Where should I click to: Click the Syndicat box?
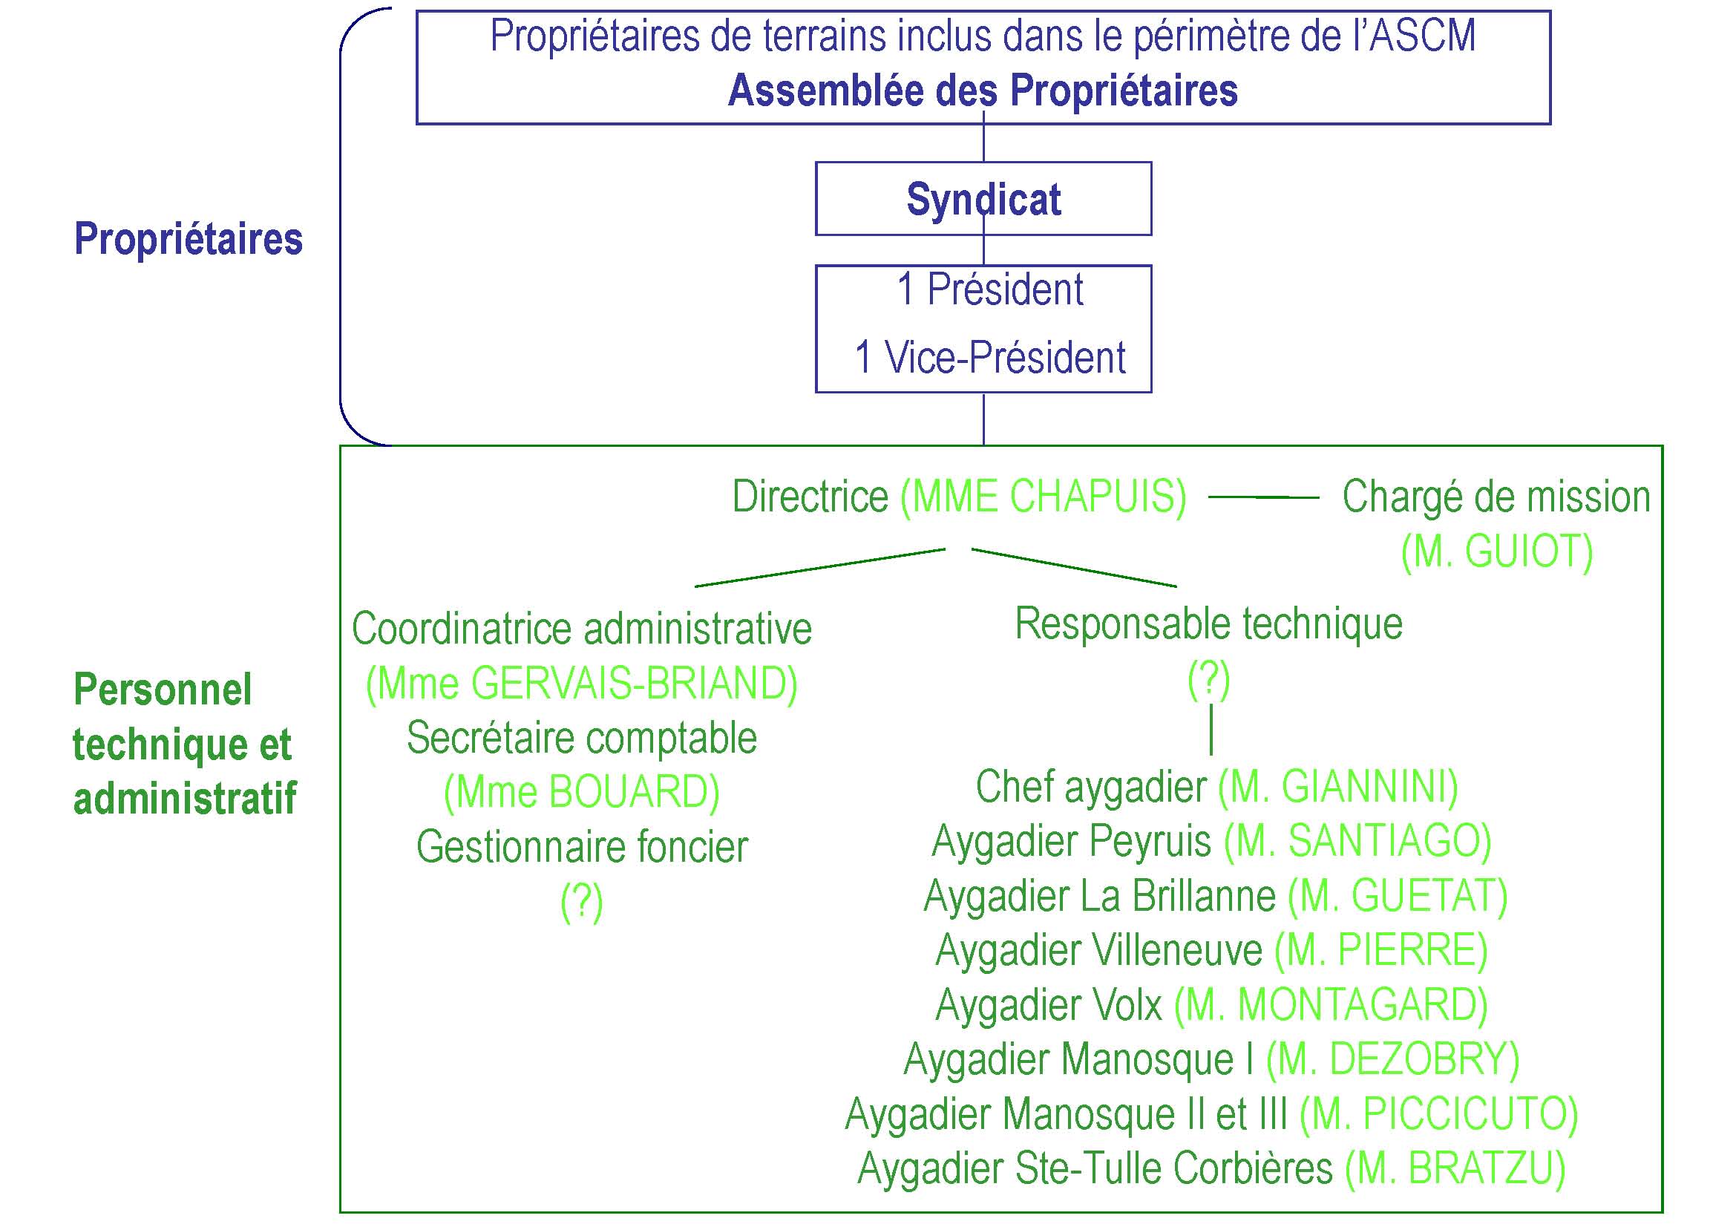coord(983,199)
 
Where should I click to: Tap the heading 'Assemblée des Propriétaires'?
coord(983,91)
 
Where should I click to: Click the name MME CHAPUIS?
coord(1044,497)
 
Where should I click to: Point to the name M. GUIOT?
coord(1497,551)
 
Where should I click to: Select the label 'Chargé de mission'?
coord(1496,497)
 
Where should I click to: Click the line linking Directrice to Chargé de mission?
coord(1263,497)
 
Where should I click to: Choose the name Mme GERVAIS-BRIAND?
coord(581,684)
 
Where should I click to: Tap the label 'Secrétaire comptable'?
coord(581,738)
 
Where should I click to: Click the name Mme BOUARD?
coord(581,792)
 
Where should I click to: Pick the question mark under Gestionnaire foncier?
coord(581,901)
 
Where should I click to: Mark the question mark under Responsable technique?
coord(1209,678)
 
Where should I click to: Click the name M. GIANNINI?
coord(1338,786)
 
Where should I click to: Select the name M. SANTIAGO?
coord(1358,841)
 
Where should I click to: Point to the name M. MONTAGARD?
coord(1331,1004)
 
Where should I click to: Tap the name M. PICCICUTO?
coord(1439,1113)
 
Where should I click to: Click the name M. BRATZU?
coord(1455,1168)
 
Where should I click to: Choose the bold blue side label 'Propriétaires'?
coord(189,239)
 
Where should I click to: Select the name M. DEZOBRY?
coord(1392,1059)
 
